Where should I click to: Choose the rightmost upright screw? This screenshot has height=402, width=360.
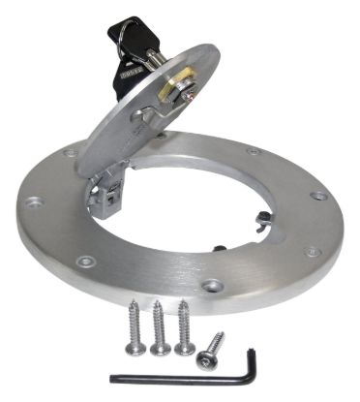pyautogui.click(x=183, y=325)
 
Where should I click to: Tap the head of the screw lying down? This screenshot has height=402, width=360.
pyautogui.click(x=203, y=357)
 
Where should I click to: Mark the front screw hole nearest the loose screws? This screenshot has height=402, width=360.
pyautogui.click(x=212, y=286)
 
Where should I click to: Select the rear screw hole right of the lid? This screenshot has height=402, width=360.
pyautogui.click(x=253, y=151)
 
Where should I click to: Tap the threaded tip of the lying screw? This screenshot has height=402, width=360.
pyautogui.click(x=222, y=336)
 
